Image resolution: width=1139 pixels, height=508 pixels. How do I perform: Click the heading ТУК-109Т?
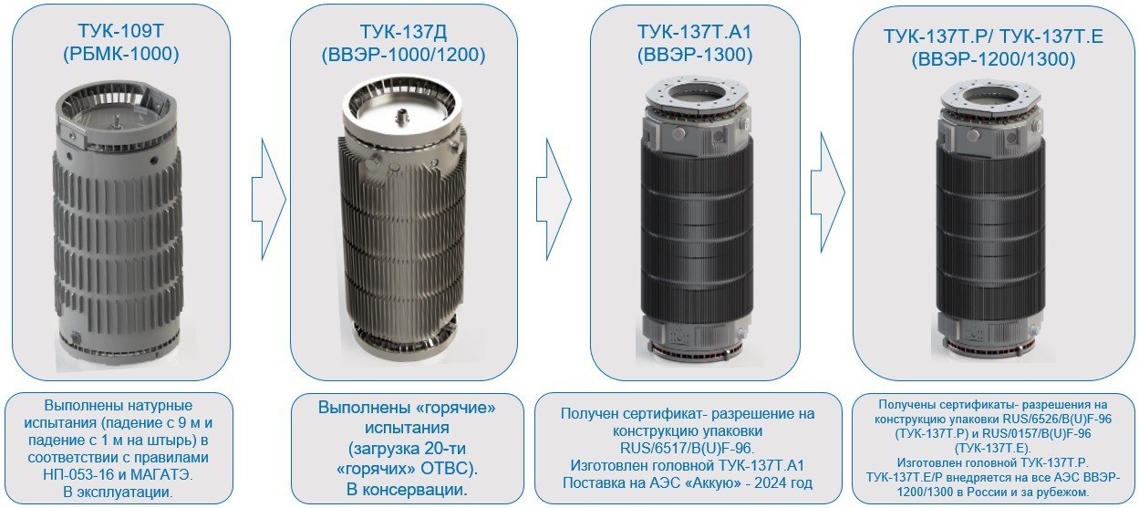121,31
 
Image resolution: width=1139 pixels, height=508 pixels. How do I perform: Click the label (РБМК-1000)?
121,54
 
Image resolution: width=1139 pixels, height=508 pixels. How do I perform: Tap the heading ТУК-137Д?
403,32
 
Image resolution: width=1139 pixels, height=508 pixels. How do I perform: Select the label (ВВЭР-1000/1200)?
403,55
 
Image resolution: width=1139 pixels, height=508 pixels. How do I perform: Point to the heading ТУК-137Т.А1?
694,32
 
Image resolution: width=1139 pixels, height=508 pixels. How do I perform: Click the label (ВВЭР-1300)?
695,55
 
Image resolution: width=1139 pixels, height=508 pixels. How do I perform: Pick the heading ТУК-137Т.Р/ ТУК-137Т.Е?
993,36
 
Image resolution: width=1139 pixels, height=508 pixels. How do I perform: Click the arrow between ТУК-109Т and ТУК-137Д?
269,199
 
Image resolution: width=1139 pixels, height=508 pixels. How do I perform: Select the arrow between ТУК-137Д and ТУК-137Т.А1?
554,199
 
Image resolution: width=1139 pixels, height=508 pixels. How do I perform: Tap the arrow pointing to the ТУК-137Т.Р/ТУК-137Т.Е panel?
827,192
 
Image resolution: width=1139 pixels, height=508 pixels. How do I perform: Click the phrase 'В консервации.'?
407,490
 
